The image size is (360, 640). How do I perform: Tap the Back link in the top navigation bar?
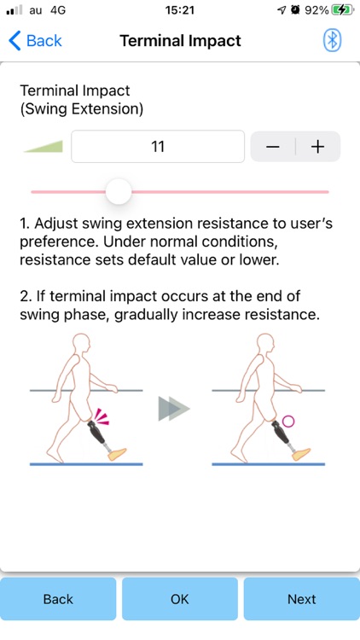[36, 41]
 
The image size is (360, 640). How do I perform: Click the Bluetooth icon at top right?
[332, 41]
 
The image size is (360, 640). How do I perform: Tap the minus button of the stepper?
[273, 147]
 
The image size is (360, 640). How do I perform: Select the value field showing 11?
[158, 147]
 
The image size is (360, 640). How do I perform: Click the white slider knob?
[119, 191]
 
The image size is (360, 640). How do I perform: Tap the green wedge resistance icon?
[44, 147]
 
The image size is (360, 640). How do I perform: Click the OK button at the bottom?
[180, 599]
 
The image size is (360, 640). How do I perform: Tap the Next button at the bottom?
[301, 599]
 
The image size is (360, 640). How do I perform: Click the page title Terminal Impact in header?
[180, 41]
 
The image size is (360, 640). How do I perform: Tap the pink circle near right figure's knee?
[287, 420]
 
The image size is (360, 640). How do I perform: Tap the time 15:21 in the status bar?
[180, 10]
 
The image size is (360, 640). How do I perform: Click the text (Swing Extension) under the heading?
[82, 109]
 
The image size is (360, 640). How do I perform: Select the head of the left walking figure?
[81, 346]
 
